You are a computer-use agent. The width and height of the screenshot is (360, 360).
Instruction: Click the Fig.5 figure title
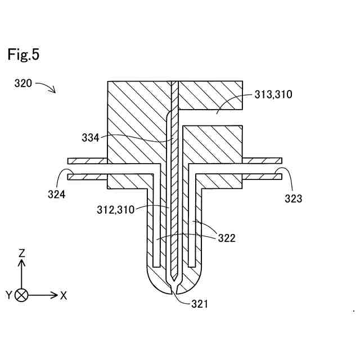pos(23,55)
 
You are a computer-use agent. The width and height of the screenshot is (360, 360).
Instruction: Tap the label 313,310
pos(273,94)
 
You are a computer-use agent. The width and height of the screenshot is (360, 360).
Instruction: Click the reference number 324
pos(56,195)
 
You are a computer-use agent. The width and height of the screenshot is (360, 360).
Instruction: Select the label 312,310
pos(115,210)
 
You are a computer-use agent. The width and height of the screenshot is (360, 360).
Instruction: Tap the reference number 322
pos(227,238)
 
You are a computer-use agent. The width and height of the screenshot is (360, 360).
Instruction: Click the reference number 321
pos(199,304)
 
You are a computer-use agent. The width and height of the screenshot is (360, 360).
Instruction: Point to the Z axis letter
pos(22,253)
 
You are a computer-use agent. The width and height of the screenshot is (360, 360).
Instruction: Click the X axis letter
pos(64,295)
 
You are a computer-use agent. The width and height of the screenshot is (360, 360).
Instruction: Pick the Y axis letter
pos(9,295)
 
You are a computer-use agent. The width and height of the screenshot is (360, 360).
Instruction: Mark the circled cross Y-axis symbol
pos(22,295)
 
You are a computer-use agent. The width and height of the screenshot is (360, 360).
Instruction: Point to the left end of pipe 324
pos(69,169)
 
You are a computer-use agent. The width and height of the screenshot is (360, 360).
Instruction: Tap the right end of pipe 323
pos(281,169)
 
